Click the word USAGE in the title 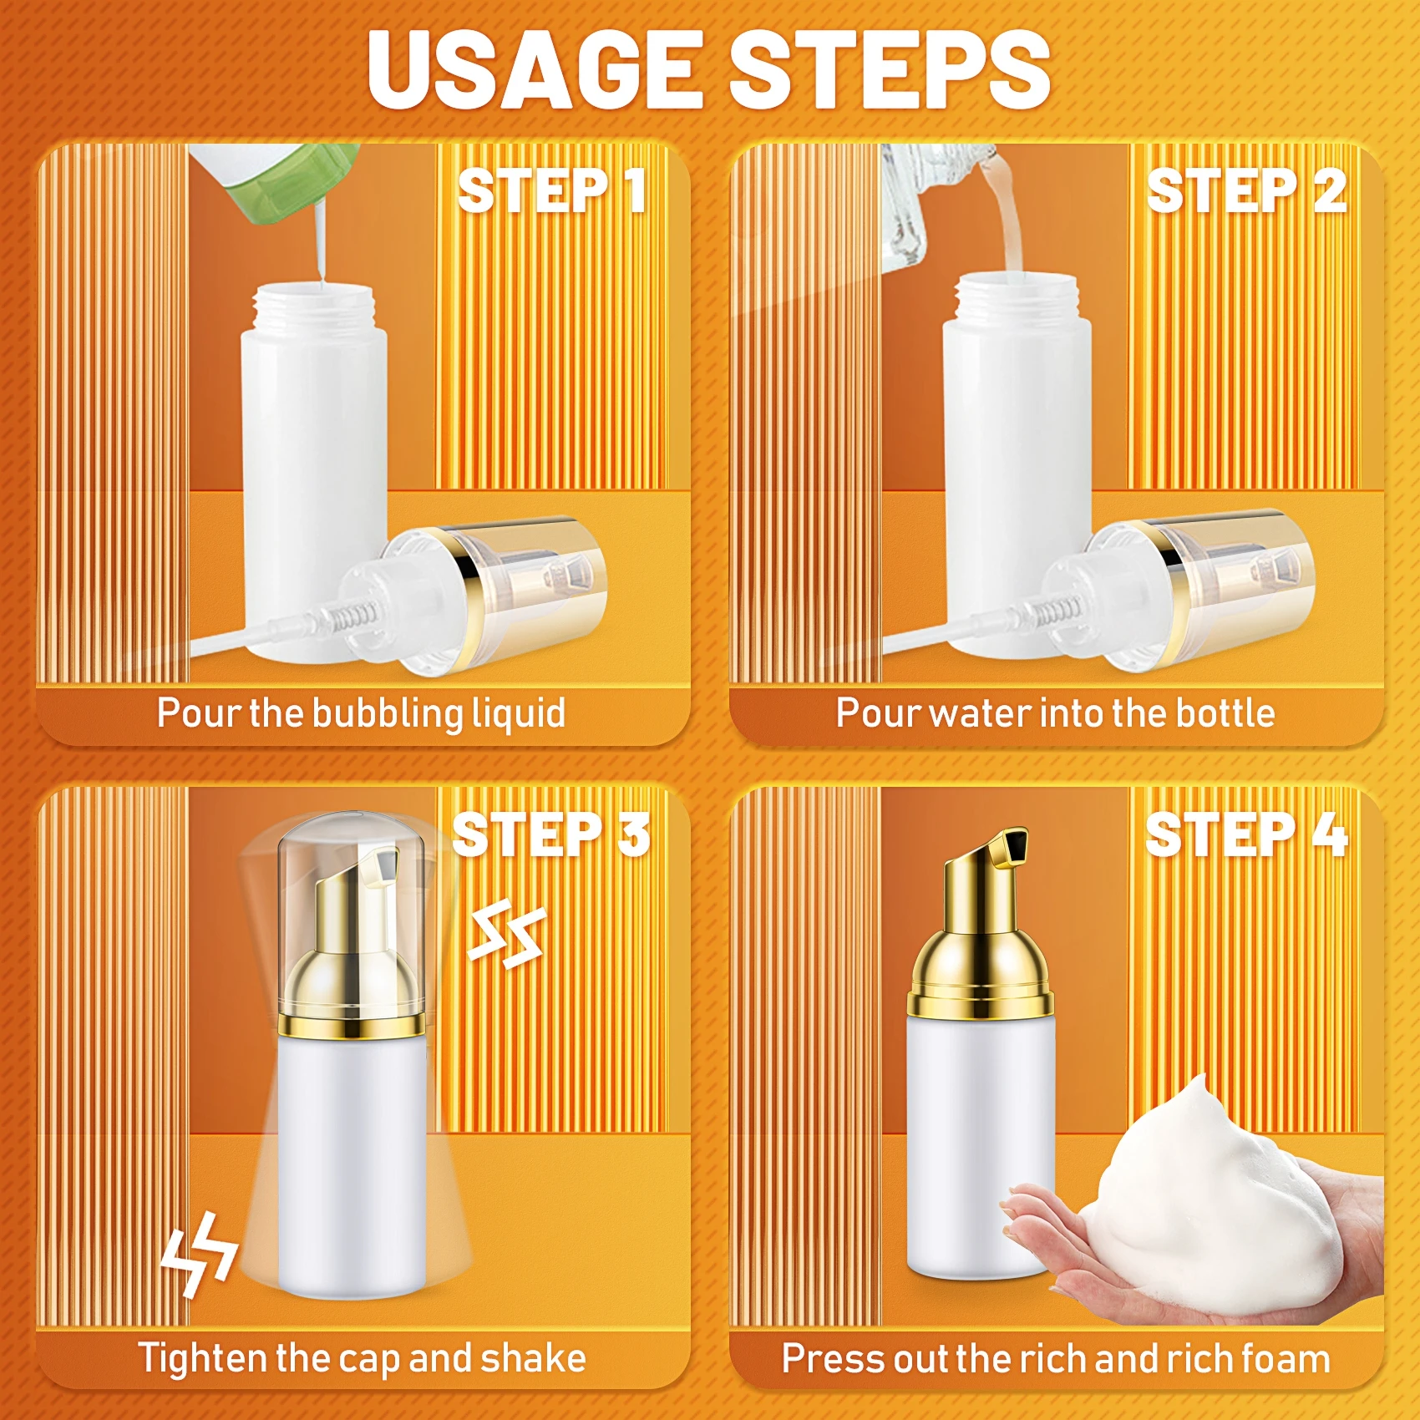(x=535, y=71)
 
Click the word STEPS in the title (x=890, y=71)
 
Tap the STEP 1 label (x=551, y=190)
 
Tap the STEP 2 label (x=1246, y=190)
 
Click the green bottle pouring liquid (x=276, y=180)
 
